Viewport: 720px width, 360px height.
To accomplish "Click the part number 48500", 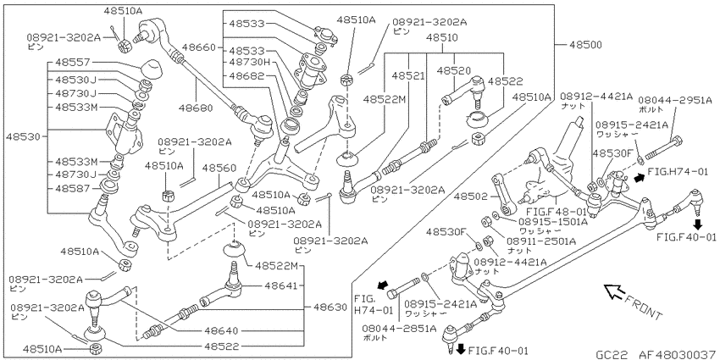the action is (x=585, y=45).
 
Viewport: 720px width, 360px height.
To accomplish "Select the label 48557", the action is (x=73, y=62).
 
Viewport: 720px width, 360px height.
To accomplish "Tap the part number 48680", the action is (x=197, y=108).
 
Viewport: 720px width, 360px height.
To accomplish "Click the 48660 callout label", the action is (x=198, y=47).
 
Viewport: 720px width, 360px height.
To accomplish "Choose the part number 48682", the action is (x=246, y=75).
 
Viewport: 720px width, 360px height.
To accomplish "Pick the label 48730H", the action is (x=249, y=62).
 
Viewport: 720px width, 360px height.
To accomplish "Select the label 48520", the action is (x=454, y=70).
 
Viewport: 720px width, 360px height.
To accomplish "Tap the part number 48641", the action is (x=280, y=285).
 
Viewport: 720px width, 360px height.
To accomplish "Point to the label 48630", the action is (x=330, y=307).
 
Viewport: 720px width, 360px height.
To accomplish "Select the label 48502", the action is (x=471, y=196).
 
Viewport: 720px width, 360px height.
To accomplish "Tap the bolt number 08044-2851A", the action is (x=399, y=328).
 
